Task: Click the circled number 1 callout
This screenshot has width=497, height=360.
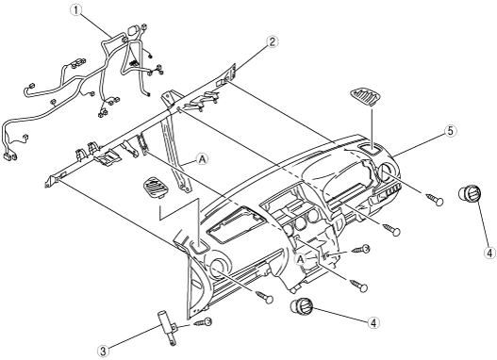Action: pyautogui.click(x=75, y=10)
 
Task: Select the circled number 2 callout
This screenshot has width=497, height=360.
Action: pyautogui.click(x=273, y=41)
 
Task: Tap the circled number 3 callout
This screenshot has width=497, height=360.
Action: pyautogui.click(x=103, y=351)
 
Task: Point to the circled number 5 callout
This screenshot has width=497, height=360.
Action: pyautogui.click(x=451, y=131)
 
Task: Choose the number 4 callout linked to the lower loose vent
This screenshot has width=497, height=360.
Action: pyautogui.click(x=373, y=322)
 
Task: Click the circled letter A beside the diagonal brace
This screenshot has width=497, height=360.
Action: pyautogui.click(x=202, y=159)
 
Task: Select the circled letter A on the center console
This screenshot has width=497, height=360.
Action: pyautogui.click(x=301, y=259)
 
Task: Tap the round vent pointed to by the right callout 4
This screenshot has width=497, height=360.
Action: pyautogui.click(x=470, y=193)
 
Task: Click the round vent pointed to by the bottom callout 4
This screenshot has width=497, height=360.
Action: pyautogui.click(x=302, y=307)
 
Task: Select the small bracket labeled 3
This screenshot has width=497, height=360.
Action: pyautogui.click(x=168, y=328)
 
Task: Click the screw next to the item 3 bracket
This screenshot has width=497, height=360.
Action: pyautogui.click(x=203, y=322)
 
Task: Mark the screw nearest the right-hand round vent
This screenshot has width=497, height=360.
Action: pyautogui.click(x=434, y=199)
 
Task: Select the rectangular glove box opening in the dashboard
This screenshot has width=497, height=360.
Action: pyautogui.click(x=236, y=223)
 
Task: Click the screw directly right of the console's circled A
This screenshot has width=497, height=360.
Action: pyautogui.click(x=361, y=250)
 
